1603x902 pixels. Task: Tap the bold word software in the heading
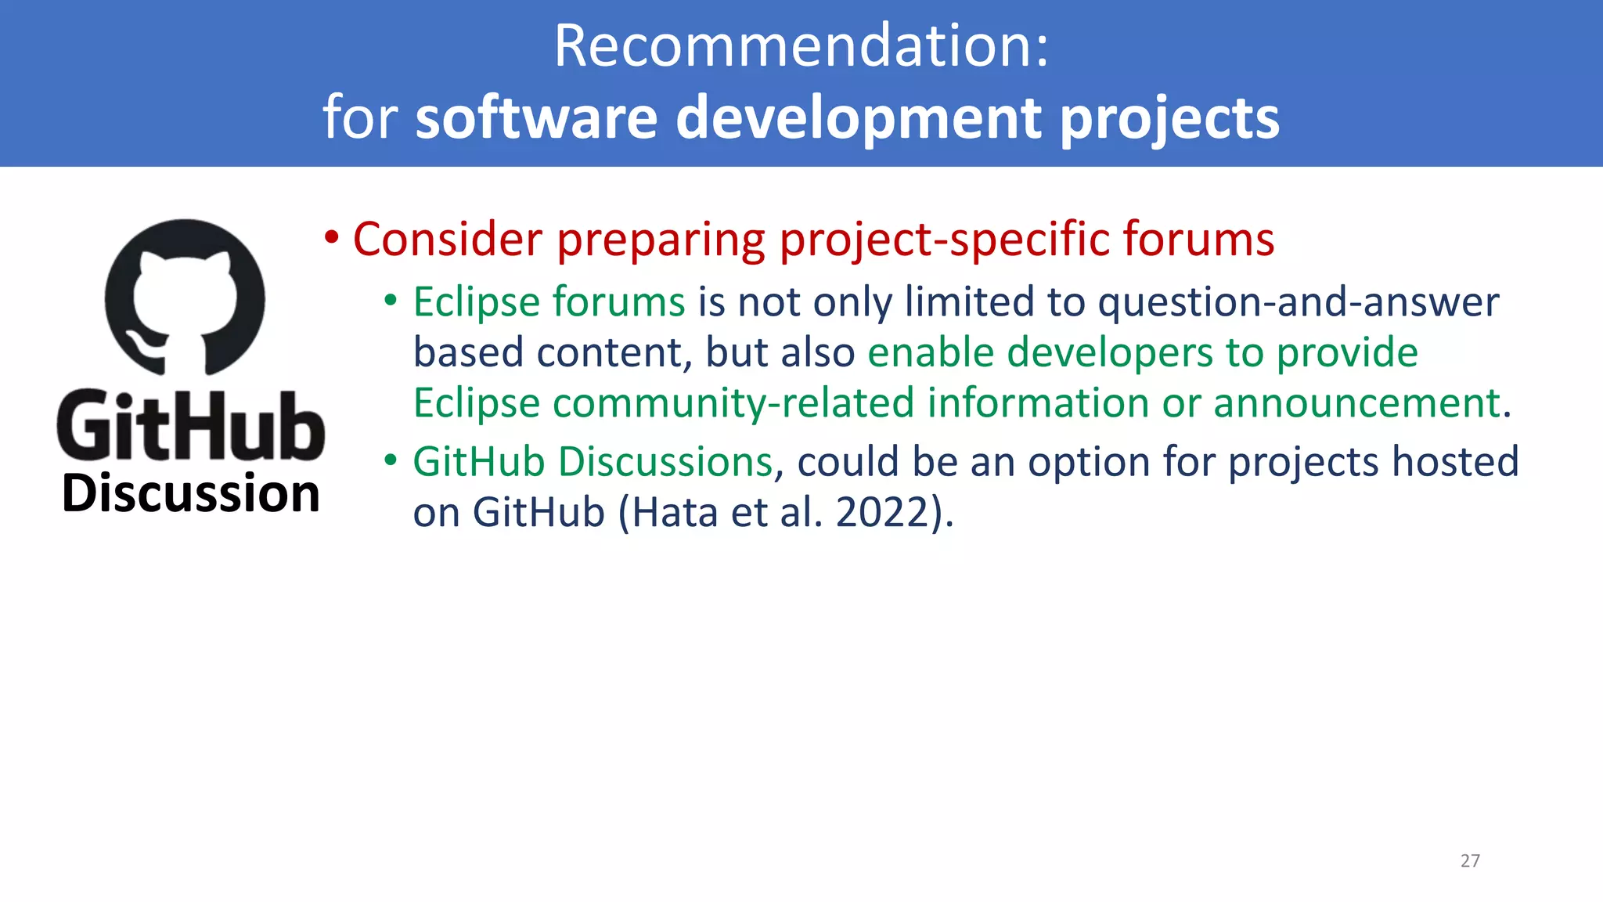point(537,117)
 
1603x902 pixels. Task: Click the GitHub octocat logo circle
point(186,298)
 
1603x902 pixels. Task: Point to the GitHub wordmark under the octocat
point(190,427)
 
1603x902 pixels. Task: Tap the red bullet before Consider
point(332,237)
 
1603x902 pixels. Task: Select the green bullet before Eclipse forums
point(391,301)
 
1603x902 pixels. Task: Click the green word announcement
point(1357,403)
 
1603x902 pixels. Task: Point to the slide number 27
point(1470,861)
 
